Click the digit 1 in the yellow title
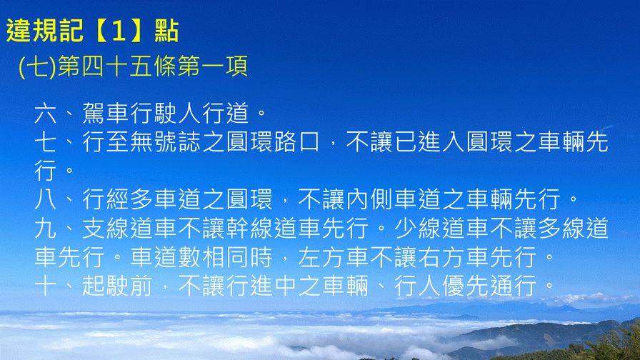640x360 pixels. (119, 31)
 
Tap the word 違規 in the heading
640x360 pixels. (33, 31)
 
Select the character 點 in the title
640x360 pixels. (166, 31)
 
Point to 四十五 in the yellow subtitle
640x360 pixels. (117, 66)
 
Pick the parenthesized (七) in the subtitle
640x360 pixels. (37, 66)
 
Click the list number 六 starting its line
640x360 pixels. (45, 113)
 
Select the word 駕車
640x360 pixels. (106, 113)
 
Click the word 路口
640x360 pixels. (296, 142)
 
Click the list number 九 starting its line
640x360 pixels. (45, 228)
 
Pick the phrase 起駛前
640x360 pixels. (118, 286)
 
